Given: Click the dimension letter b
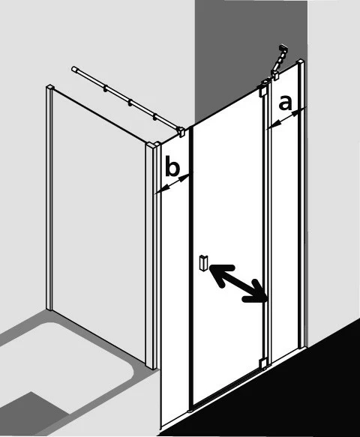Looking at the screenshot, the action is (x=172, y=166).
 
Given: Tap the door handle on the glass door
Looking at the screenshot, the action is (x=203, y=262).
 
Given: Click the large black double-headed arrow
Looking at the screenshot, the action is (x=238, y=283).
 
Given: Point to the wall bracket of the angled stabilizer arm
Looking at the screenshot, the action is (x=284, y=49).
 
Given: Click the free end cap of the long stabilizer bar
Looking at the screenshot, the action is (x=74, y=69).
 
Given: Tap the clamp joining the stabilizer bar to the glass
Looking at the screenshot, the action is (x=181, y=131).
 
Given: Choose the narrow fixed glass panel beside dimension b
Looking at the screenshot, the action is (x=175, y=279).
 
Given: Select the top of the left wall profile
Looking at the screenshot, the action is (x=49, y=87).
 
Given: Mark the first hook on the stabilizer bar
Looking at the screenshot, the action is (x=106, y=88).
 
